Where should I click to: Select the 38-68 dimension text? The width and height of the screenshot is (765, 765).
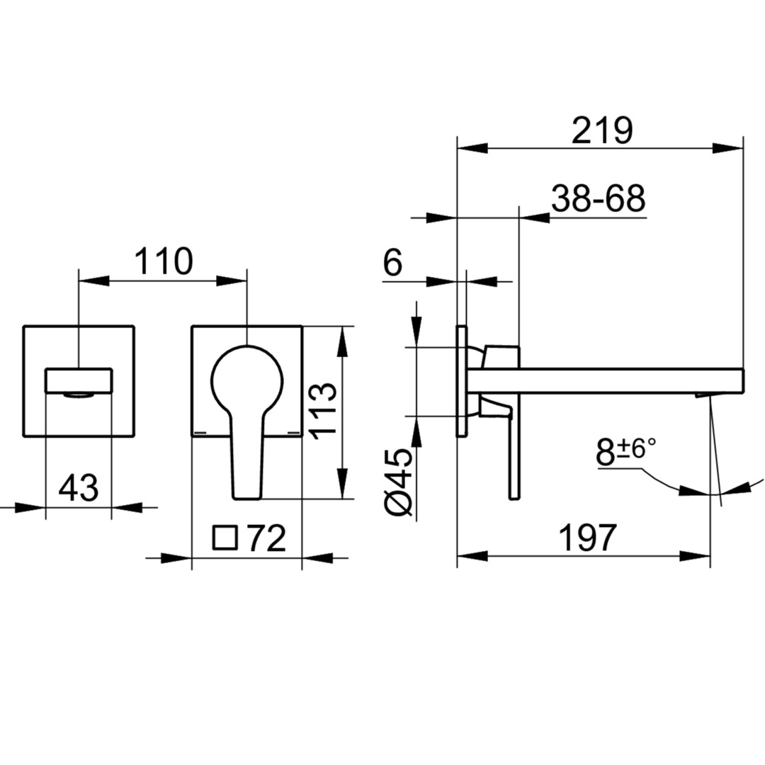coord(598,198)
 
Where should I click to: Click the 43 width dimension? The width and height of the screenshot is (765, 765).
coord(78,487)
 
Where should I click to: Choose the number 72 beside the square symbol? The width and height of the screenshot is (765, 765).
coord(266,538)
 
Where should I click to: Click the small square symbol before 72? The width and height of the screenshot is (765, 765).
coord(225,538)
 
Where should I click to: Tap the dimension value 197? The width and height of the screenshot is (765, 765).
coord(587,538)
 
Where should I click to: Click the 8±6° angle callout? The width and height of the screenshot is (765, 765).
coord(625,451)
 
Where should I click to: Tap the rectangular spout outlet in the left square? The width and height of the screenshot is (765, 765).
coord(79,381)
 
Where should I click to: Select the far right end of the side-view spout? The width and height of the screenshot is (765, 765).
coord(743,381)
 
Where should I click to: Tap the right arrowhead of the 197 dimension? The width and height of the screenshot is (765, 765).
coord(696,556)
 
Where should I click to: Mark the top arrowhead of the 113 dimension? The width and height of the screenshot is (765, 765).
coord(343,341)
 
